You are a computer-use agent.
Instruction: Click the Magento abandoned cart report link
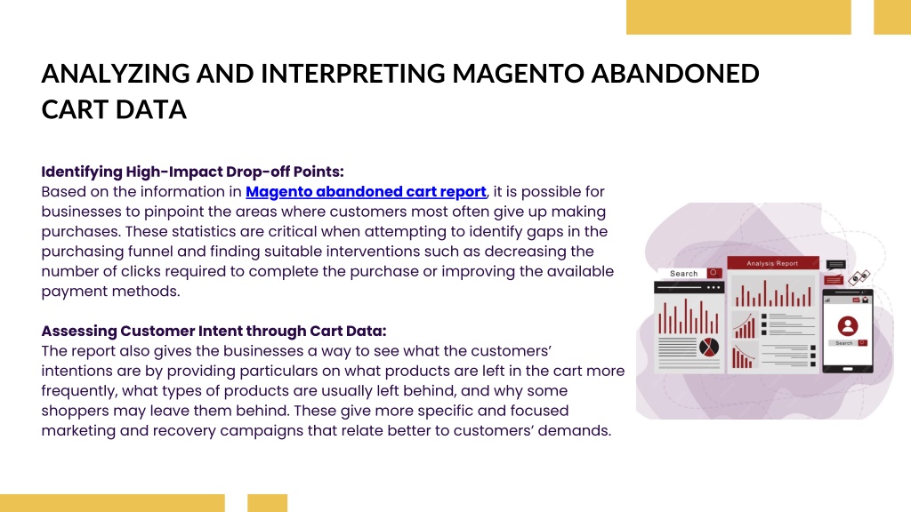point(366,192)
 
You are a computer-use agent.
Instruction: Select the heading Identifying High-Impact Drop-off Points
point(192,172)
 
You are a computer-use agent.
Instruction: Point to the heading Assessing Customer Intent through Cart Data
point(214,331)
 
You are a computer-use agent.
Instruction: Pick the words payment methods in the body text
point(110,291)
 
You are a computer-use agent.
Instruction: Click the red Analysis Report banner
point(773,263)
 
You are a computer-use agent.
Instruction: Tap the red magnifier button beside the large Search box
point(714,273)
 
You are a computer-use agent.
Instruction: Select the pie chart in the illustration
point(709,348)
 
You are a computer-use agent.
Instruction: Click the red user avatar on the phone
point(848,325)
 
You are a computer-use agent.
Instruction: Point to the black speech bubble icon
point(835,265)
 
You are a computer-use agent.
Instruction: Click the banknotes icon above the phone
point(859,277)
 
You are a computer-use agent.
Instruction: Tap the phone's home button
point(848,369)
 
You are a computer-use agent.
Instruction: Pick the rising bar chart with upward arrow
point(745,325)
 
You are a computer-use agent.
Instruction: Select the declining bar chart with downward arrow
point(744,356)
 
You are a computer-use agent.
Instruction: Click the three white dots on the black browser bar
point(713,287)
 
